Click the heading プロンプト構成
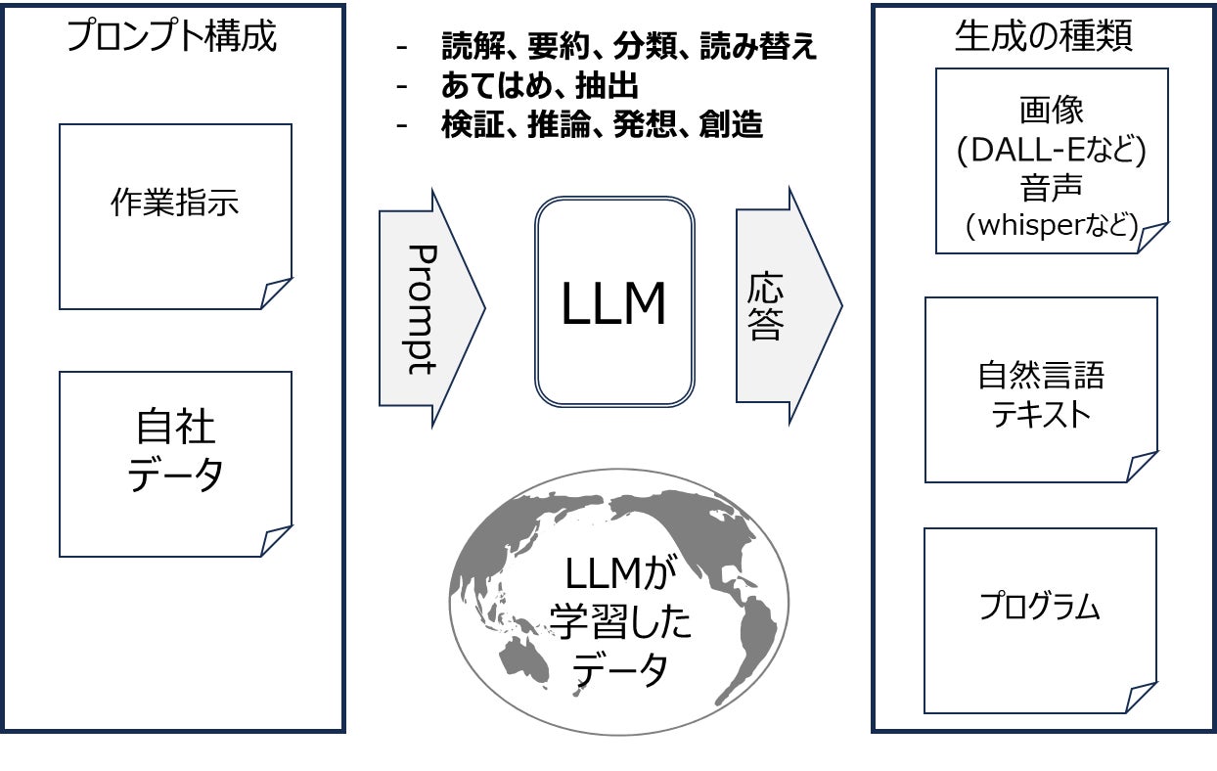(171, 37)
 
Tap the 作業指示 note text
(175, 204)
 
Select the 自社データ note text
(175, 451)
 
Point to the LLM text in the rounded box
(613, 305)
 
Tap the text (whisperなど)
(1052, 225)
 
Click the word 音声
(1052, 188)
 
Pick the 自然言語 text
(1040, 376)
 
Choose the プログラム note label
(1039, 608)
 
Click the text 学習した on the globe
(620, 621)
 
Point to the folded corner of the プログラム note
(1141, 699)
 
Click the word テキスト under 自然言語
(1040, 415)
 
